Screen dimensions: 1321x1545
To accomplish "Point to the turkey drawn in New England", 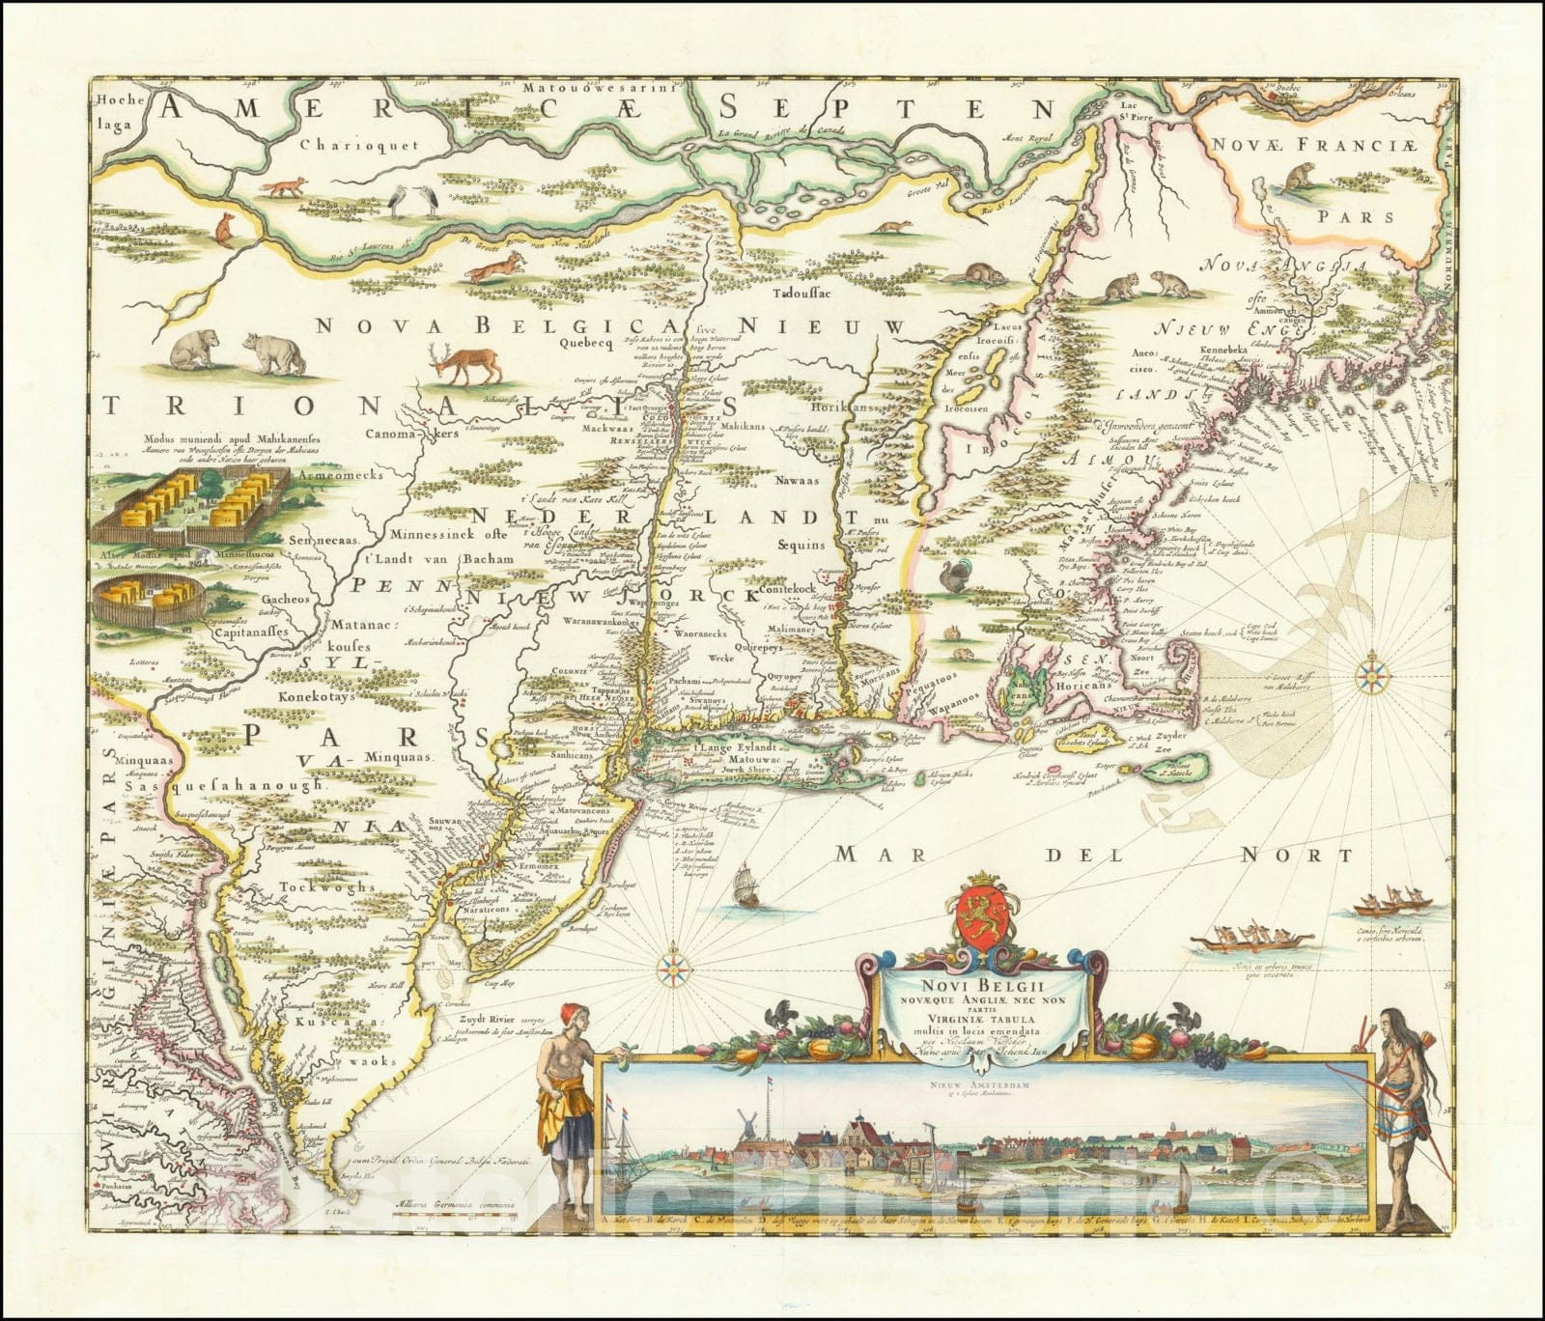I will (x=955, y=578).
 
